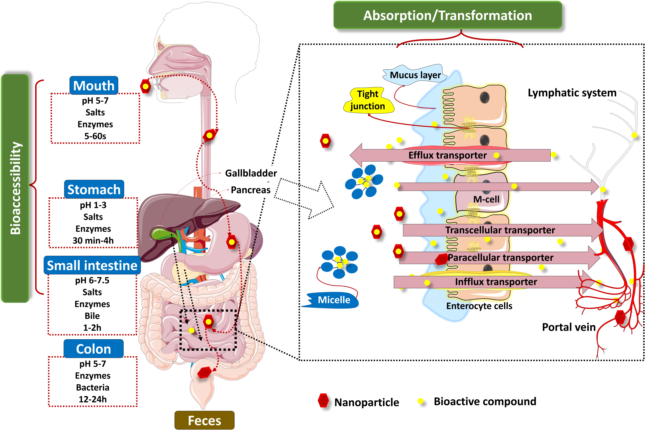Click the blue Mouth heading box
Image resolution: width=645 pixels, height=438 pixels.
click(94, 86)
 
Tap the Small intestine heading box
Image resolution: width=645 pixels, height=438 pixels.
click(92, 265)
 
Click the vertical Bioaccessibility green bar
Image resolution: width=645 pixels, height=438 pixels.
click(15, 188)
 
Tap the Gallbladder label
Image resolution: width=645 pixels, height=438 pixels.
click(251, 173)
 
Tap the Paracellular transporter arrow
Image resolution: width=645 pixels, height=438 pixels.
click(500, 258)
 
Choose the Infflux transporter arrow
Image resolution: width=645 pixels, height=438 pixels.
click(496, 282)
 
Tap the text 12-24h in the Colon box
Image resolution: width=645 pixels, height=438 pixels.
click(93, 399)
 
